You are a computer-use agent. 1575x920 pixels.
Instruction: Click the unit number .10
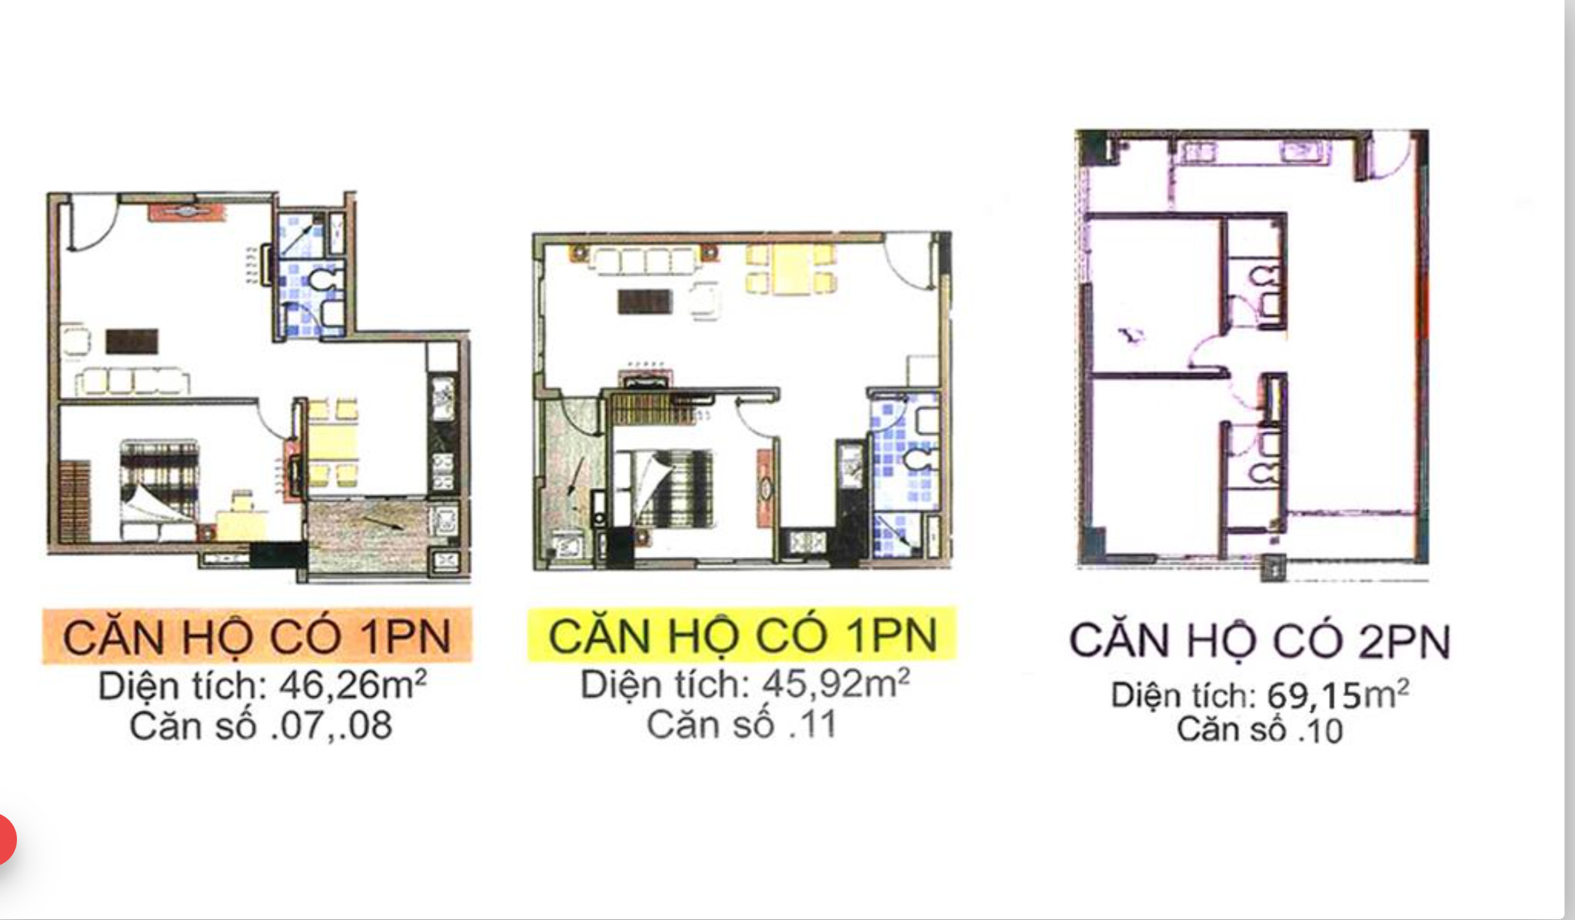[x=1320, y=730]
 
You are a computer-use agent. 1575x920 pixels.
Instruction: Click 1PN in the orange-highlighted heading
[x=405, y=636]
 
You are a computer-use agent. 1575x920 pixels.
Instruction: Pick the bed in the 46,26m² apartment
[x=159, y=485]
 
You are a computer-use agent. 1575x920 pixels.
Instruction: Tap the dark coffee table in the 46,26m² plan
[x=132, y=341]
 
